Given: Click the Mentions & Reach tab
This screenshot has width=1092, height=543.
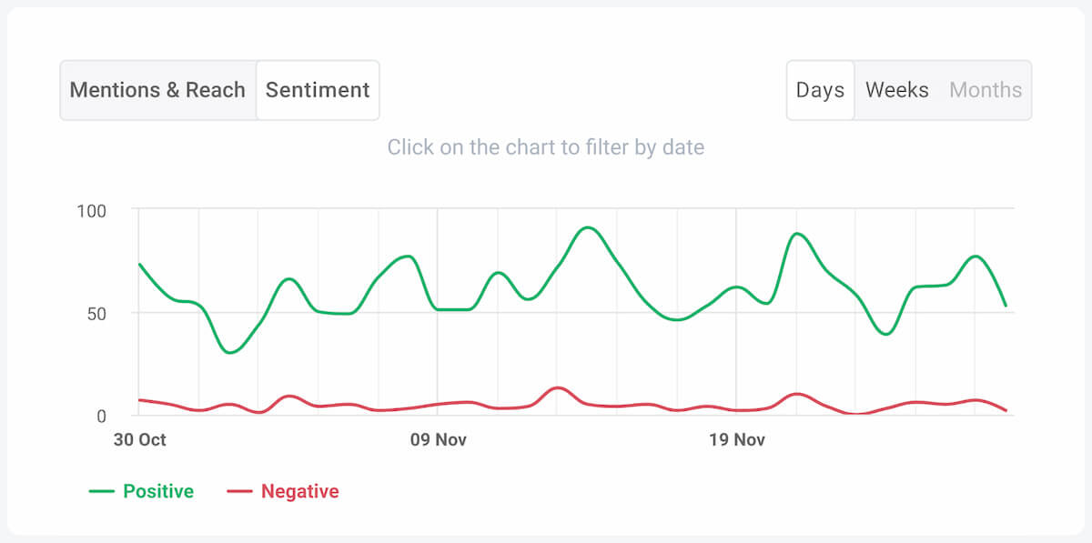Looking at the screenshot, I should [x=157, y=90].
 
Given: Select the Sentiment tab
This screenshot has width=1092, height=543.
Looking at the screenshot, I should [x=318, y=90].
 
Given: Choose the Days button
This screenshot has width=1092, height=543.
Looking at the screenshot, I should [x=820, y=90].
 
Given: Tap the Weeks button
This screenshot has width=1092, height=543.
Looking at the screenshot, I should [x=896, y=90].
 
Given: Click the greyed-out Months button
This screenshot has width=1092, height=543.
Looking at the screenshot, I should [x=986, y=90].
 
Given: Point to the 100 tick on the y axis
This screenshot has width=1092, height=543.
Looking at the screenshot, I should [x=91, y=211].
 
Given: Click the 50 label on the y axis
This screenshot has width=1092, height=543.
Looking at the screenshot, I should [x=96, y=314].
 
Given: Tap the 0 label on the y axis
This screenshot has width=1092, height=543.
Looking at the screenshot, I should [x=101, y=417].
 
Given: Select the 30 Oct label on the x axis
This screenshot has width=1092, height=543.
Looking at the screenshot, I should [x=139, y=440].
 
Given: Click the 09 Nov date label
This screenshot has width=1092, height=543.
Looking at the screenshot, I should [x=438, y=440].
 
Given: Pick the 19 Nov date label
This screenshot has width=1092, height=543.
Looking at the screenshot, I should [x=736, y=440].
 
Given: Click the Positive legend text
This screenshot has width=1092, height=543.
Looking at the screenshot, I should [x=158, y=492].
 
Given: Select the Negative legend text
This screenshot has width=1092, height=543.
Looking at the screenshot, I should [x=299, y=492].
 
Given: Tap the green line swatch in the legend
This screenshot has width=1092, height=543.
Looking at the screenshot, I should [x=101, y=492].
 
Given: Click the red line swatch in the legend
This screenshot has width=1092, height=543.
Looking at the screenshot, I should [x=239, y=492].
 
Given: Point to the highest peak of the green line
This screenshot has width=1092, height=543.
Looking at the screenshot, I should [x=588, y=227].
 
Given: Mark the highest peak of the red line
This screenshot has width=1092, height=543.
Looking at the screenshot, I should [x=558, y=388].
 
